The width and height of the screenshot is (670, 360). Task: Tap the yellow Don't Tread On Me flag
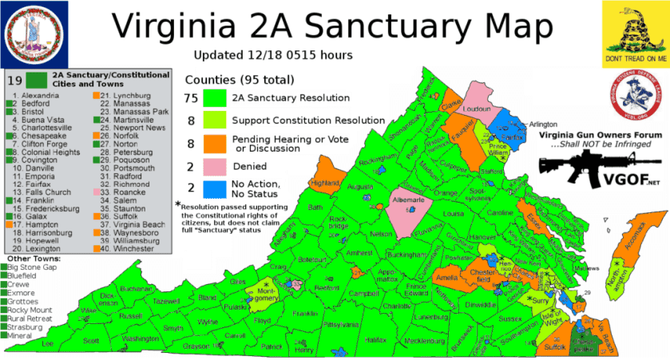click(635, 33)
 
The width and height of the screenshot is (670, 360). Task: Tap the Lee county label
click(48, 343)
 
